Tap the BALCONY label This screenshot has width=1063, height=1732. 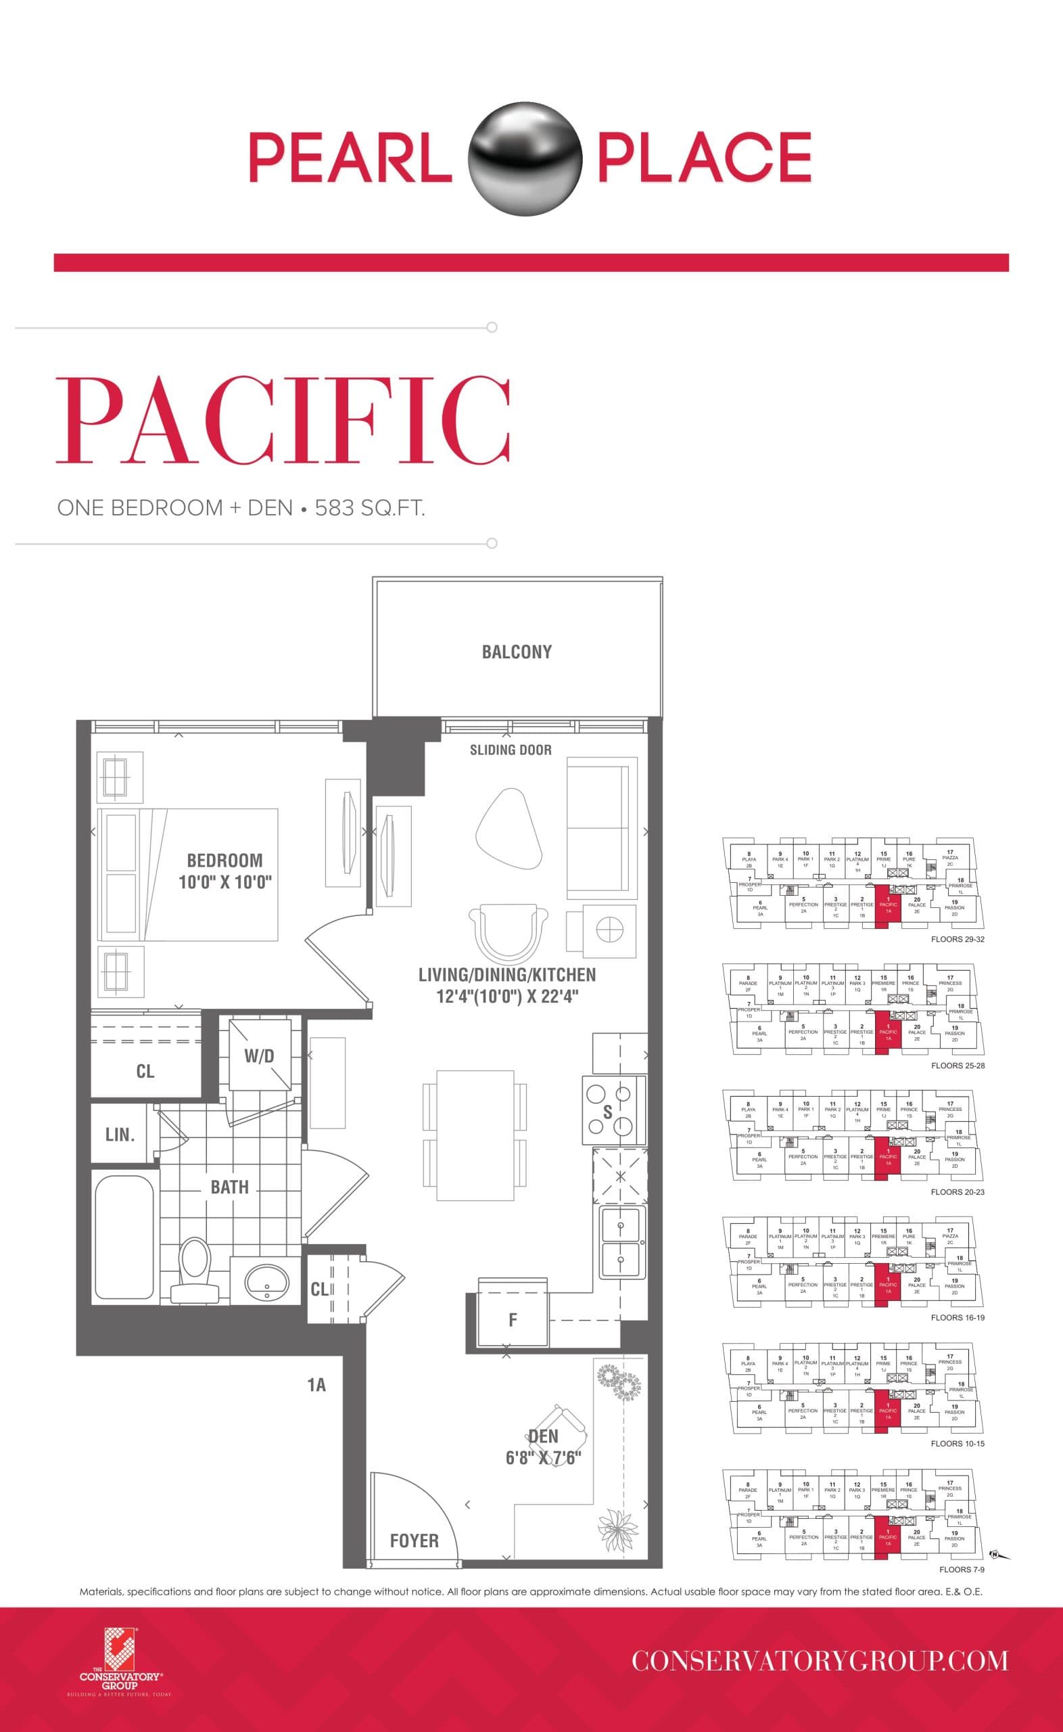[517, 652]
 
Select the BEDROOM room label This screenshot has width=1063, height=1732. [225, 860]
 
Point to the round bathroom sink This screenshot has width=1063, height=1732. [266, 1279]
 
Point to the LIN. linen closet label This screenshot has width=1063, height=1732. [120, 1135]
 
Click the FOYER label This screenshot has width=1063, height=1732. [414, 1541]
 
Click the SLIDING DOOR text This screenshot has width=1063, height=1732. [511, 750]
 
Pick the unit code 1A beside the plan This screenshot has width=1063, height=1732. [316, 1385]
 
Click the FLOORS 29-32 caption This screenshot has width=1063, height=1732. [958, 940]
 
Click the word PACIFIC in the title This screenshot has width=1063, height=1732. [283, 420]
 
